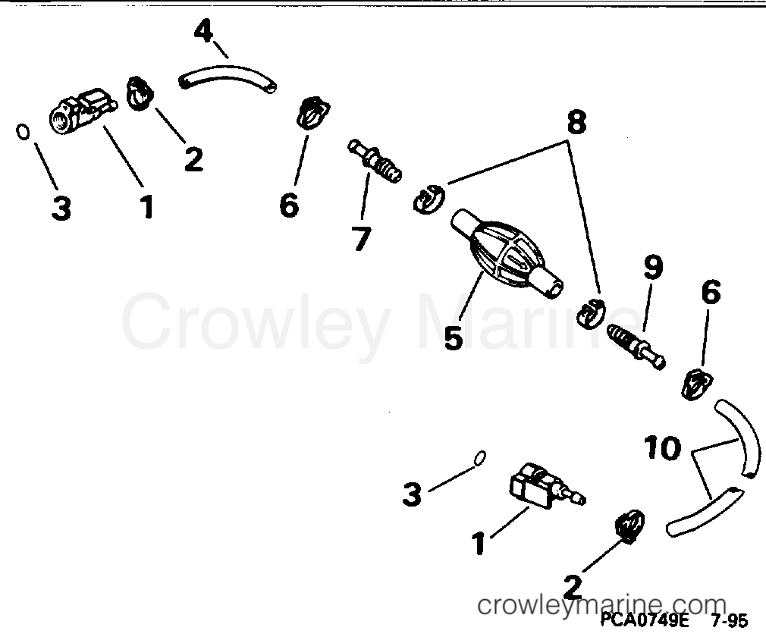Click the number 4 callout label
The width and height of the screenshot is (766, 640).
point(204,32)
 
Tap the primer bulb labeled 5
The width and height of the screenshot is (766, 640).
point(507,253)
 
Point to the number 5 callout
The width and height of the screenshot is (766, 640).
point(454,337)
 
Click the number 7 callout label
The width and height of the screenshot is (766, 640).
point(361,238)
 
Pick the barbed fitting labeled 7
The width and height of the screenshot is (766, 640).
point(375,161)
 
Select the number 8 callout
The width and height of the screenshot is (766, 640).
point(576,122)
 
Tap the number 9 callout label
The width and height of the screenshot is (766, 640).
point(653,268)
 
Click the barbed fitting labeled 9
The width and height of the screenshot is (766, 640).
point(636,347)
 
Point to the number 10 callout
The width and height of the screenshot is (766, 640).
point(662,448)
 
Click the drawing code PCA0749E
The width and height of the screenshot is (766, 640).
point(644,620)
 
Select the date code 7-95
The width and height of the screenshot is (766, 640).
point(730,621)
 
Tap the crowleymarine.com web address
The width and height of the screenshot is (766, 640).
point(601,605)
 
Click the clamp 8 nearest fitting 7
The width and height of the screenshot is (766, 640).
point(429,199)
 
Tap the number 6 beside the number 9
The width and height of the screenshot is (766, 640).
point(711,292)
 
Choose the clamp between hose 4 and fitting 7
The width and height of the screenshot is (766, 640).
point(312,113)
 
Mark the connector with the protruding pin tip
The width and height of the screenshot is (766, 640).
point(547,487)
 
